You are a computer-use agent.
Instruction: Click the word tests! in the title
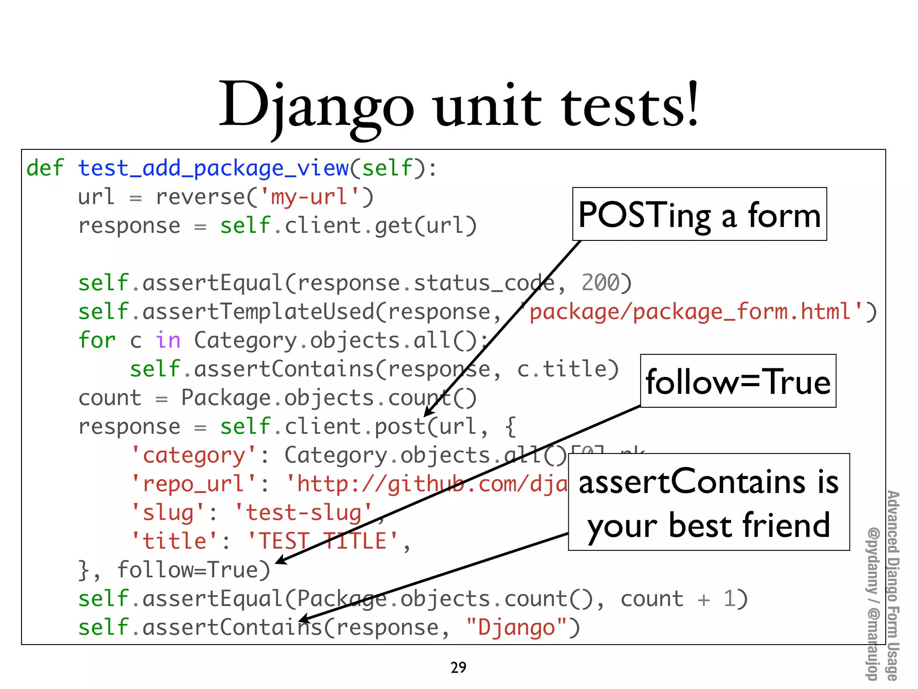pos(630,106)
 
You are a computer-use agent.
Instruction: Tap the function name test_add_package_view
pos(213,168)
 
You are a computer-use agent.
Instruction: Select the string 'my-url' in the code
pos(310,197)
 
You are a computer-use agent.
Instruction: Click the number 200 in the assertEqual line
pos(601,283)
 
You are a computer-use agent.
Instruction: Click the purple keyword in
pos(168,340)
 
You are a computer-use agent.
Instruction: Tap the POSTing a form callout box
pos(699,214)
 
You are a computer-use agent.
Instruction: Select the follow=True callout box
pos(738,381)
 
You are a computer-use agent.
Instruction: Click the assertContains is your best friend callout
pos(709,502)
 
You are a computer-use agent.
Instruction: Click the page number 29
pos(458,667)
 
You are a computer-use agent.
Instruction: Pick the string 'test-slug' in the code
pos(303,513)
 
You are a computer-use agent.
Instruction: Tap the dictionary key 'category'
pos(194,455)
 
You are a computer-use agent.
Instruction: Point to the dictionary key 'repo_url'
pos(194,484)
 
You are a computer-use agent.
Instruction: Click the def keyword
pos(45,168)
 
